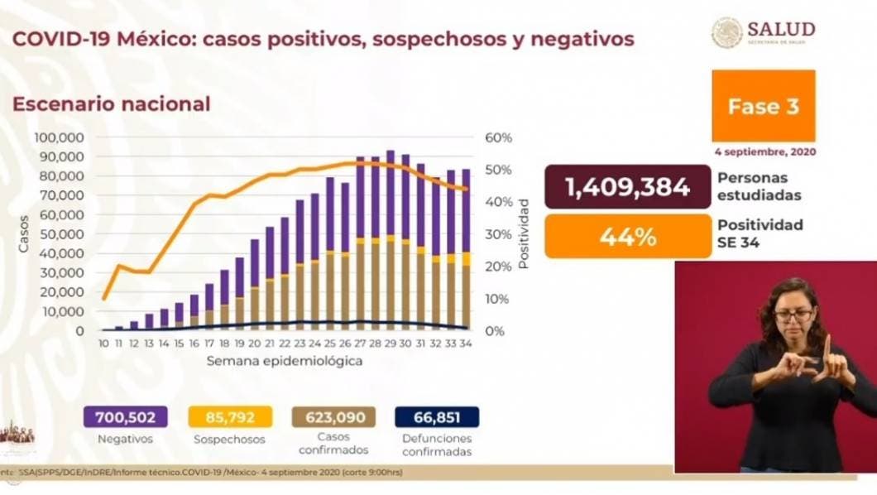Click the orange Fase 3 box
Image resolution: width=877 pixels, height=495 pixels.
(763, 106)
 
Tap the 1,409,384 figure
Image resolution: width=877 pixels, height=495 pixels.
(627, 187)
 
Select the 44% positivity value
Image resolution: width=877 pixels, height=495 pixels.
(627, 237)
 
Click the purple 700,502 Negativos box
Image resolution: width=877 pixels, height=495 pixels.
(124, 416)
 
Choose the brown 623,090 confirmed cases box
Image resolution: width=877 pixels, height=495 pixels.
(333, 416)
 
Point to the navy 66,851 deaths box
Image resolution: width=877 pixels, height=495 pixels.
(438, 416)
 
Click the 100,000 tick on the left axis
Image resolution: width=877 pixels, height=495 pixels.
(60, 137)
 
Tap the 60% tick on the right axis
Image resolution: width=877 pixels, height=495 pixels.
(500, 137)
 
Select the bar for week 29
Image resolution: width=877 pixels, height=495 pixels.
(391, 240)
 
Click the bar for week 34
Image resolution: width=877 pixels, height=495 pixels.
(467, 248)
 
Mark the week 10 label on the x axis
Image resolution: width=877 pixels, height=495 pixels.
(103, 343)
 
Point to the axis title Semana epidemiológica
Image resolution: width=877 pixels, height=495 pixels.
(284, 363)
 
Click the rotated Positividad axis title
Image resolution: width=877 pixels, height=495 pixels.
(524, 233)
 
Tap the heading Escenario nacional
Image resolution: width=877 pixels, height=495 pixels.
(110, 104)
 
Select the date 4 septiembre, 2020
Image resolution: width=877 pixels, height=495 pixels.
(763, 152)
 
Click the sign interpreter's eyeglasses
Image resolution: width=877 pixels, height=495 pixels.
(793, 315)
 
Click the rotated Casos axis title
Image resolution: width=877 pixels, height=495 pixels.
(24, 233)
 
